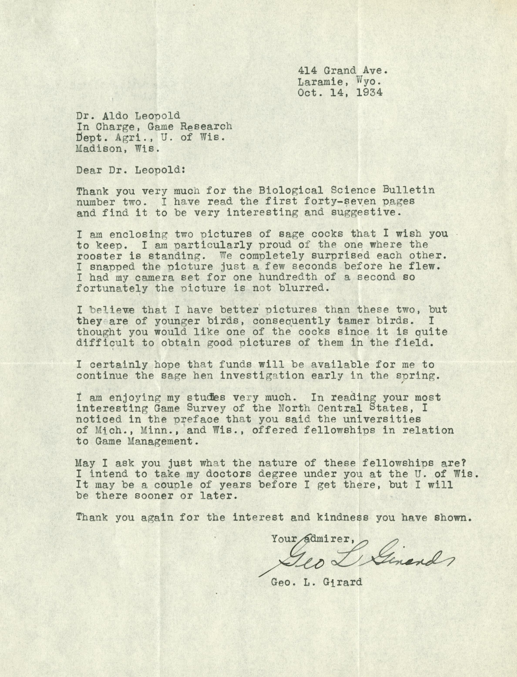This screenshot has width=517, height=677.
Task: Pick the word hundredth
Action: (288, 277)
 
